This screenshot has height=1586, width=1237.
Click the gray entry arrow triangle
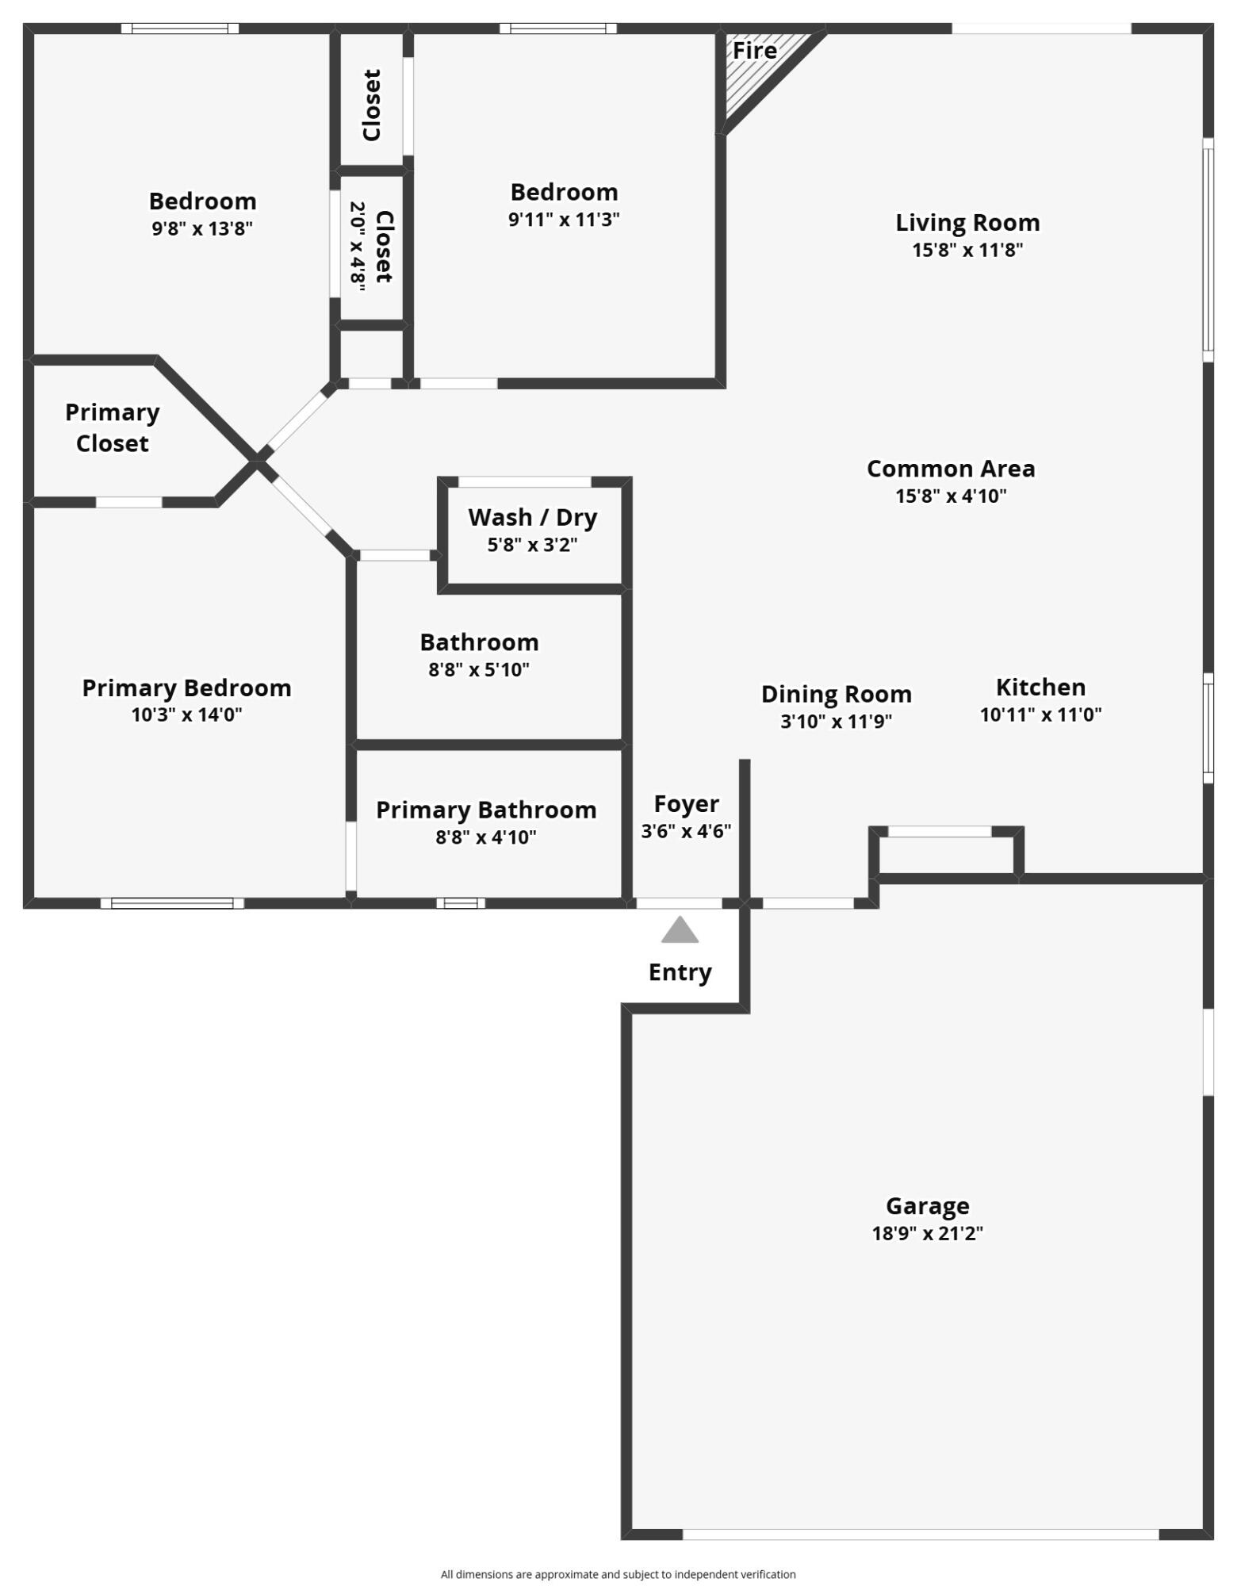[x=680, y=931]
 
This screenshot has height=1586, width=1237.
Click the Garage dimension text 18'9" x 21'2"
[x=927, y=1233]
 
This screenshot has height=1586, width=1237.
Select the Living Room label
[x=967, y=223]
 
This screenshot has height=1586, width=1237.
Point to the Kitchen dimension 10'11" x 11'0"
[x=1040, y=714]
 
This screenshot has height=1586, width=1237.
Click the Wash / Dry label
[x=533, y=517]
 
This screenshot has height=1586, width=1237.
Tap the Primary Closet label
[x=112, y=427]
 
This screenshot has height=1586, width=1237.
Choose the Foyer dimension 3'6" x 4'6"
[x=686, y=831]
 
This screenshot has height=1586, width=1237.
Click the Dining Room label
[x=836, y=694]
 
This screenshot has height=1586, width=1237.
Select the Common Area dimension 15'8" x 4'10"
[x=951, y=496]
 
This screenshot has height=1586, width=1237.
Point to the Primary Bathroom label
[x=486, y=810]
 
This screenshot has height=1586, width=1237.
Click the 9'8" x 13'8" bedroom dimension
[x=202, y=229]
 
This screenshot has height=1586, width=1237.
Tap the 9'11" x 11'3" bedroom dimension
[x=564, y=220]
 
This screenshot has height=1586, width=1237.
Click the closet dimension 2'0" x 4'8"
[x=358, y=247]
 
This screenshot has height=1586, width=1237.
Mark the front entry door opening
[x=679, y=902]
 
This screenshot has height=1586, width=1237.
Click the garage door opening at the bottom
[x=920, y=1534]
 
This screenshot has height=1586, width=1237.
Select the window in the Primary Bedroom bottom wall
[x=172, y=902]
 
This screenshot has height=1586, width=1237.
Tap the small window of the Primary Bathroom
[x=461, y=902]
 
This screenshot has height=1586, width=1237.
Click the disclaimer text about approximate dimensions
[x=618, y=1574]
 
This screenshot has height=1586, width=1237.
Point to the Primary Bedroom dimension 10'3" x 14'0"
[x=186, y=715]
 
